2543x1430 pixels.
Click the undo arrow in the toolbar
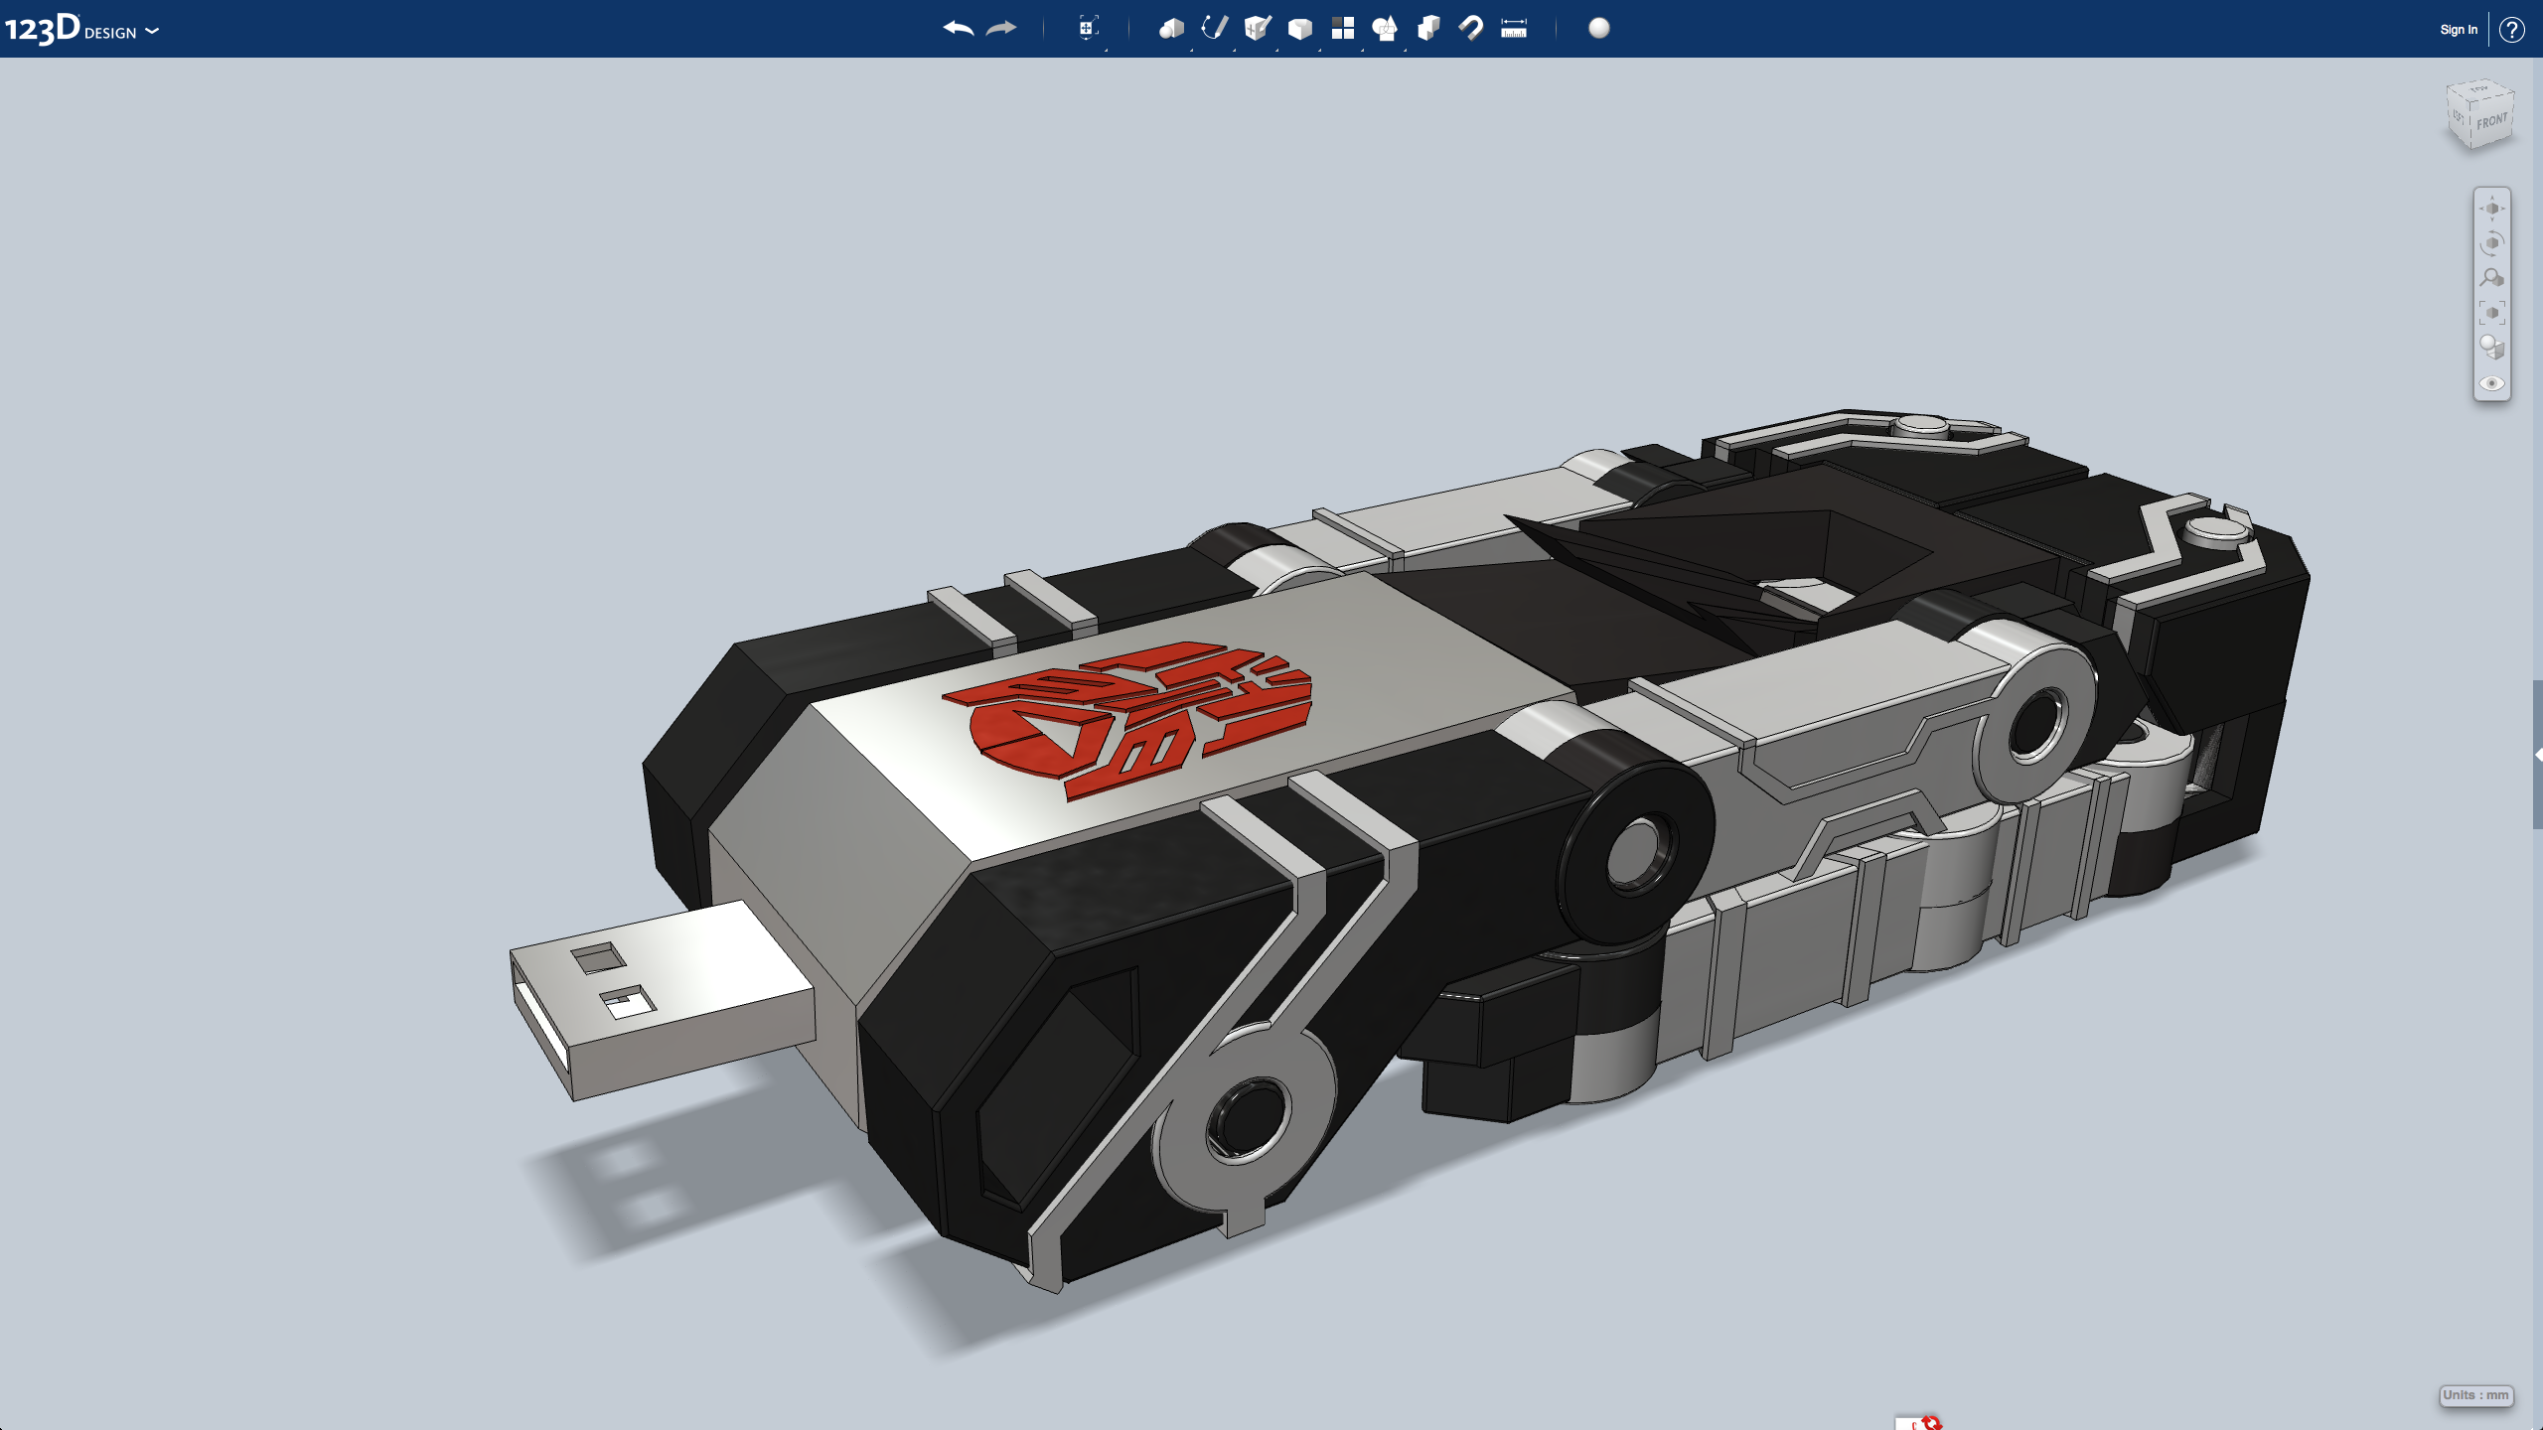pos(958,29)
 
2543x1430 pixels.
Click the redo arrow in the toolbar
pos(1001,29)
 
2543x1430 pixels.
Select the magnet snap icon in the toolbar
pos(1471,28)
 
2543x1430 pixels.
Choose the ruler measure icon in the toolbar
pos(1514,29)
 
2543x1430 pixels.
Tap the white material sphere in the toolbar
pos(1599,28)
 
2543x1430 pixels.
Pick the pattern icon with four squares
pos(1343,28)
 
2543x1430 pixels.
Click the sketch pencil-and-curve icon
pos(1214,28)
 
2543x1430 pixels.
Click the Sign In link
pos(2459,30)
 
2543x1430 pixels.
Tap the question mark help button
pos(2512,30)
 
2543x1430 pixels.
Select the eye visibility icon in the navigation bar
pos(2491,383)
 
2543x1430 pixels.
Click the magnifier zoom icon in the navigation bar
pos(2491,278)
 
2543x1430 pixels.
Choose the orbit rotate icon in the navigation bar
pos(2491,243)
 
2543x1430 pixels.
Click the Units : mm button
pos(2475,1395)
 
